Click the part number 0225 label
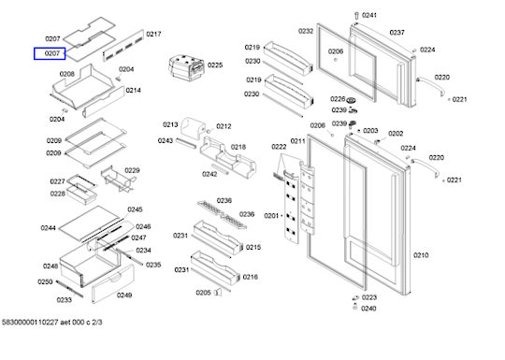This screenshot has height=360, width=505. point(215,65)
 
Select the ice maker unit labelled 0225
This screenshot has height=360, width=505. point(186,68)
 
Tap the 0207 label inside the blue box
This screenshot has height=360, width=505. point(52,53)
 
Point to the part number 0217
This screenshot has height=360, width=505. point(153,35)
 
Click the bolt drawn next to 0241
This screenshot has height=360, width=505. point(356,16)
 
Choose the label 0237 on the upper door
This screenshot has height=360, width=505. point(397,33)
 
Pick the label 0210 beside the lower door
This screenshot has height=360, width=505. point(421,255)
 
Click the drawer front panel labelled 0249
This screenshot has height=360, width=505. point(113,284)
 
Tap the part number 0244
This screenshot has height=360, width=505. point(48,228)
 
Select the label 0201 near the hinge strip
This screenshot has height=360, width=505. point(271,216)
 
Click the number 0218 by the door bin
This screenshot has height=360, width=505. point(238,147)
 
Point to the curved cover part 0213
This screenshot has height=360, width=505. point(193,128)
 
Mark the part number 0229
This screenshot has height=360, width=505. point(132,170)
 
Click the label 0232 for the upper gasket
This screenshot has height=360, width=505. point(306,31)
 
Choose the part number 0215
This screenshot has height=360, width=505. point(253,247)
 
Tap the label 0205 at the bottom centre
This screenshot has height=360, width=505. point(203,293)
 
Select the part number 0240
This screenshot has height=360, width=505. point(368,309)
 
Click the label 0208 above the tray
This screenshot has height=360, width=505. point(67,74)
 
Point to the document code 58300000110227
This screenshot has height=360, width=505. point(30,323)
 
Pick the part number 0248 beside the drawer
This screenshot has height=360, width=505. point(50,266)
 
